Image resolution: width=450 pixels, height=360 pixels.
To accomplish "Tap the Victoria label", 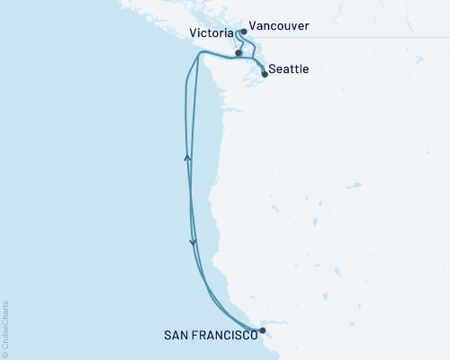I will (213, 34).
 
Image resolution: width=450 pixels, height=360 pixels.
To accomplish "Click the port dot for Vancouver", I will (244, 31).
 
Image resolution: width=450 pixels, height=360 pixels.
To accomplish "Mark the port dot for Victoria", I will (238, 53).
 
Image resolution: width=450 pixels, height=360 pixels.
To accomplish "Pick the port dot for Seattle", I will (265, 74).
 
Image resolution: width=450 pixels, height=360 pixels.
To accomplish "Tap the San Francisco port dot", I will (262, 330).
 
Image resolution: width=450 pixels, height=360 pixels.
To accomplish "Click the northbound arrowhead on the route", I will (188, 157).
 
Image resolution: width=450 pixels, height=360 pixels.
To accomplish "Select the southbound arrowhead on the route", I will (193, 241).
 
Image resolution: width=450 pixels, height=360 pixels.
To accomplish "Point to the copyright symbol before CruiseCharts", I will (5, 355).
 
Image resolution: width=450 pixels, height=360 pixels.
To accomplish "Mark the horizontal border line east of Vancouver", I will (378, 38).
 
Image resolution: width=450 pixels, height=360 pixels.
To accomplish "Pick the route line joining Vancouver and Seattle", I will (251, 49).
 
